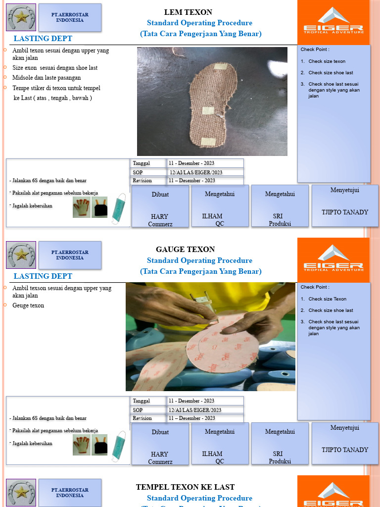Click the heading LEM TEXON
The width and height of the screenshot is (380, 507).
pos(188,12)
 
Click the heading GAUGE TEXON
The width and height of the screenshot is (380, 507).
pos(186,250)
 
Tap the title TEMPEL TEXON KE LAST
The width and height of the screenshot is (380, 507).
pos(185,487)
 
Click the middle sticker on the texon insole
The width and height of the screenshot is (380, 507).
pos(207,110)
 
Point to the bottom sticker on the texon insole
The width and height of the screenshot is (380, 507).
pos(208,142)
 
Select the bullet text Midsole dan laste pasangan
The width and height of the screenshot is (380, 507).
pos(47,78)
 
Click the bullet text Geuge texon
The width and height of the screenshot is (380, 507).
pos(28,305)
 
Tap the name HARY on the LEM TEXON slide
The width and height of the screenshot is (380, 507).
pos(160,216)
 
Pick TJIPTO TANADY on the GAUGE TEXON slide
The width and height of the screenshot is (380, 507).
pos(345,450)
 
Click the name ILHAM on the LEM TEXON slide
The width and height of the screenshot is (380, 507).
pos(212,216)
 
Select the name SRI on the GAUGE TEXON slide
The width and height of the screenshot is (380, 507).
pos(278,454)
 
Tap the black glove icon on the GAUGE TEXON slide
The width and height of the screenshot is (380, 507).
pos(99,445)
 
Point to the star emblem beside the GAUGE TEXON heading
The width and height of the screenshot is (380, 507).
pos(21,254)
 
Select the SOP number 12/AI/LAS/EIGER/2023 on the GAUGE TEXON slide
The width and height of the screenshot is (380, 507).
pos(195,410)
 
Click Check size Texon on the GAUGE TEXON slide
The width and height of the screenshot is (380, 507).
pos(327,299)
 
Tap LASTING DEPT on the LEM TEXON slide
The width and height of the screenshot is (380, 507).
pos(43,39)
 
